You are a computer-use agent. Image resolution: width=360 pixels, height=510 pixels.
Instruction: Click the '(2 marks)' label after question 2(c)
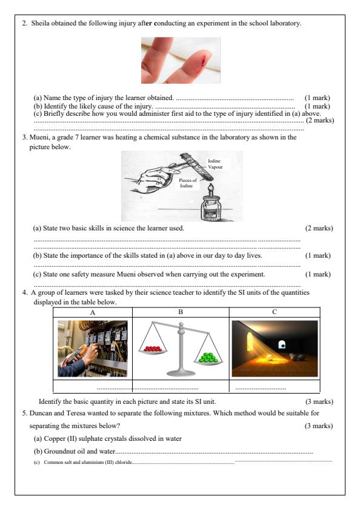point(319,121)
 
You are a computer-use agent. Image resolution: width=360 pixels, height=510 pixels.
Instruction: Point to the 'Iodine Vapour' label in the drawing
point(214,163)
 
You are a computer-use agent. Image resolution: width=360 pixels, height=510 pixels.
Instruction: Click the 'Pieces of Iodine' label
point(187,183)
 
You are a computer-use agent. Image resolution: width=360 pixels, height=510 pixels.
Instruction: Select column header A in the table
point(93,312)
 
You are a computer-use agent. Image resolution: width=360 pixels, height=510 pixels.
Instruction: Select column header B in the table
point(180,312)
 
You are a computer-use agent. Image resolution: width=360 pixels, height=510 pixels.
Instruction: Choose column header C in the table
point(274,312)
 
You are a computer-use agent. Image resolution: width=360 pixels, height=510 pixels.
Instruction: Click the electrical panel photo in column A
point(93,349)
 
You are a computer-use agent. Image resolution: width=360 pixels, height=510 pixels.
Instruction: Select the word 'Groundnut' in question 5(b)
point(59,452)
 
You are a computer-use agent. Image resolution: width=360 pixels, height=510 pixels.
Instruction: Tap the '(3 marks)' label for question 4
point(319,401)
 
